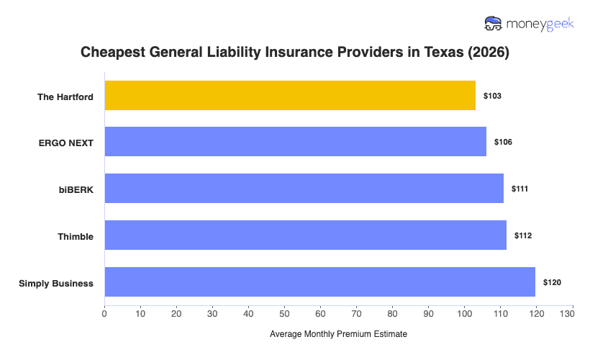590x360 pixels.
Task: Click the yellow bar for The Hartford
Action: (290, 96)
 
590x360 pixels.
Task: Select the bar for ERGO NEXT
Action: (295, 142)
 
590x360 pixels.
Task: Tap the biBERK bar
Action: (304, 188)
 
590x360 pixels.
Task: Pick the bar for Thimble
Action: (305, 235)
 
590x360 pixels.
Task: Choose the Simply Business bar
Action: (319, 282)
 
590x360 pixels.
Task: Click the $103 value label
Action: (492, 96)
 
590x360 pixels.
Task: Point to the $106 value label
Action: (503, 142)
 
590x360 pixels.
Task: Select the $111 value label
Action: (520, 189)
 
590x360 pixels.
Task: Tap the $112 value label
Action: (523, 235)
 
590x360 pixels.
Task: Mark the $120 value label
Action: (552, 282)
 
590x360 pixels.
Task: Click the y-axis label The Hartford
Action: (65, 96)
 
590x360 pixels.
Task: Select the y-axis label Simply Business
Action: (56, 283)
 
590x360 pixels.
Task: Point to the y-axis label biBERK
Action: (77, 189)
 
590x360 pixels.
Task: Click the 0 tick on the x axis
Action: (104, 313)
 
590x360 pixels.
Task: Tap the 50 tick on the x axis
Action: (284, 313)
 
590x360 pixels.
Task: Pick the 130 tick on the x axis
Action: (572, 313)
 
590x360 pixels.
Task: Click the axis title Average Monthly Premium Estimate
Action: (338, 335)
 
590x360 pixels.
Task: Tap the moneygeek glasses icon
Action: (494, 24)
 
